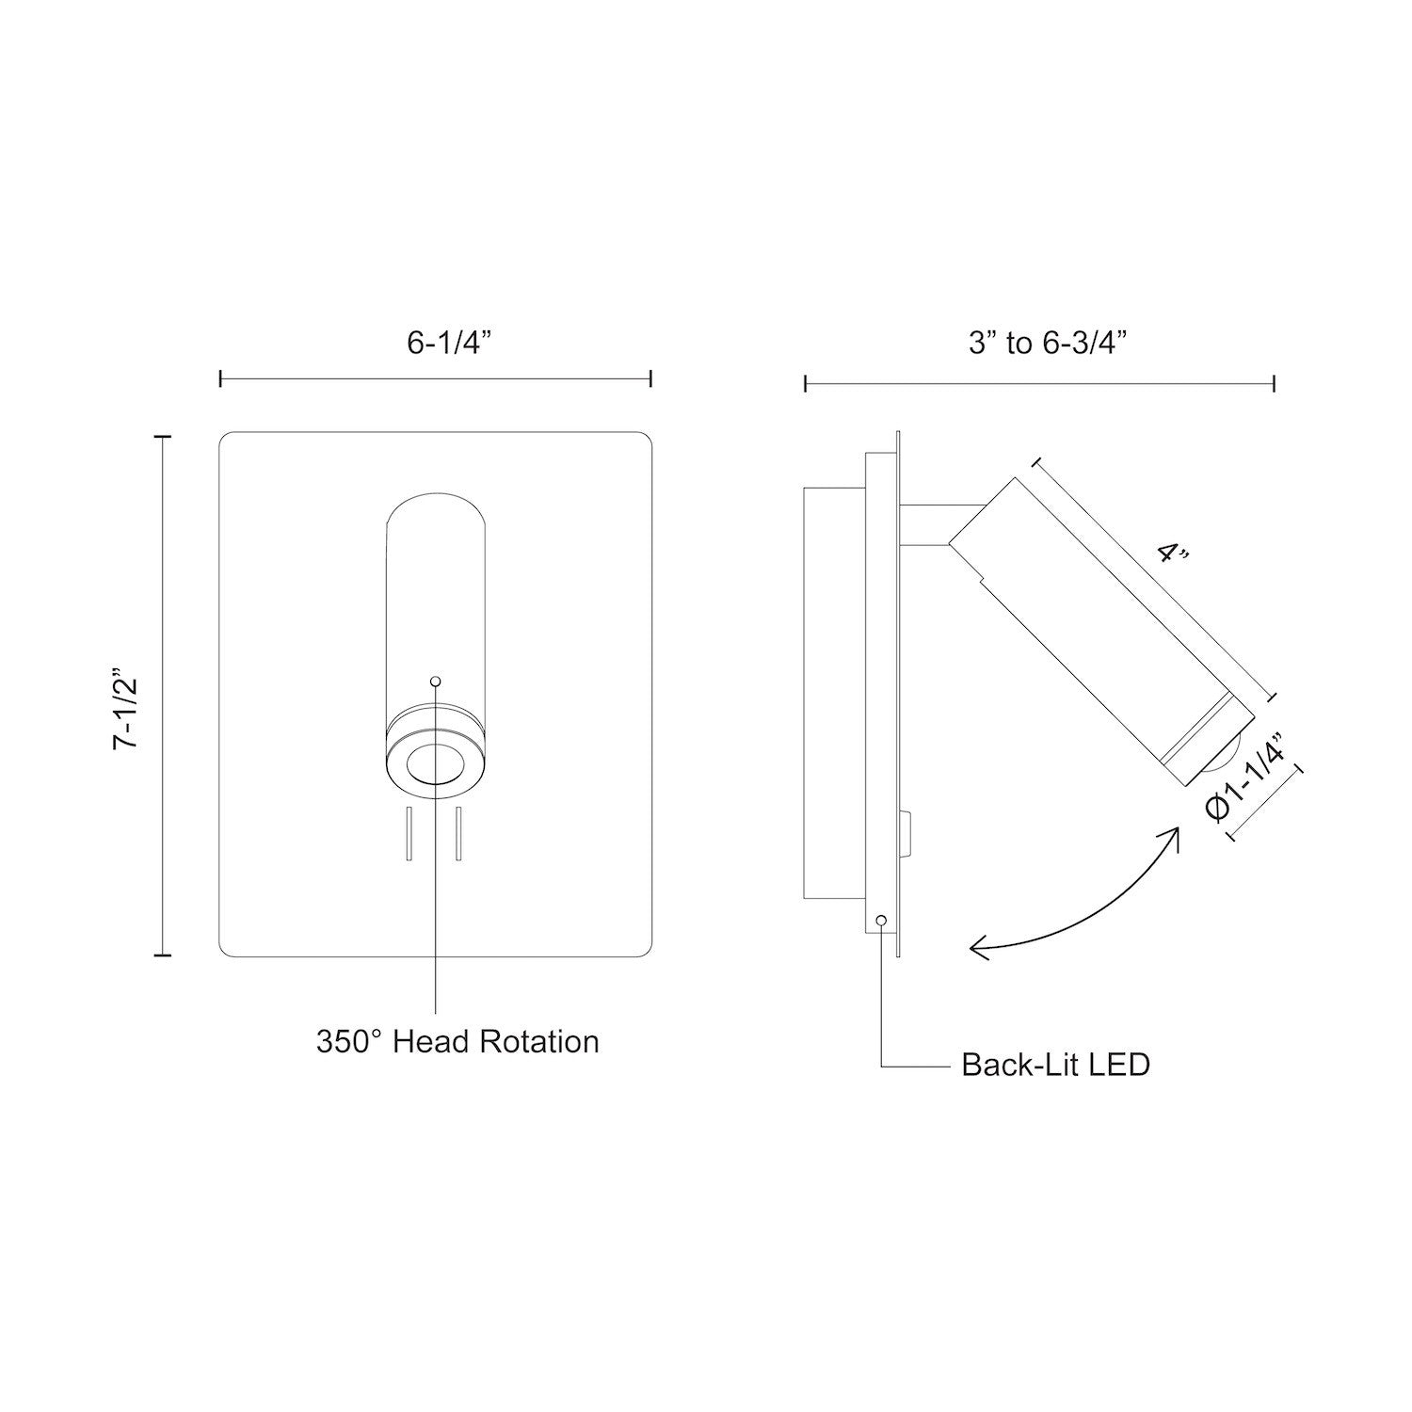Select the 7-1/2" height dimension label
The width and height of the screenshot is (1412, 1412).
pyautogui.click(x=126, y=697)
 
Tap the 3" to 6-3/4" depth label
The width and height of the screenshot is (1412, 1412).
pyautogui.click(x=1048, y=344)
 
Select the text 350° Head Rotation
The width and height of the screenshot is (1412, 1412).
pyautogui.click(x=457, y=1042)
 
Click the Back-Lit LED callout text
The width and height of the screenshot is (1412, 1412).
pyautogui.click(x=1055, y=1065)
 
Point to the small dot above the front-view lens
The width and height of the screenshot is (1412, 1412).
pyautogui.click(x=435, y=681)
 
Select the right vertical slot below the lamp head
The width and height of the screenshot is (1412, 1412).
pyautogui.click(x=458, y=833)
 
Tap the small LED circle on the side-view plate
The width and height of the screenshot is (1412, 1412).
pyautogui.click(x=882, y=920)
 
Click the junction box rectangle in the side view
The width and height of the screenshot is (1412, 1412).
pyautogui.click(x=834, y=692)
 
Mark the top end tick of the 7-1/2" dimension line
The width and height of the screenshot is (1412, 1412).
pyautogui.click(x=164, y=437)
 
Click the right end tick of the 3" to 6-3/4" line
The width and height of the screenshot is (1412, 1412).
pyautogui.click(x=1274, y=383)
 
